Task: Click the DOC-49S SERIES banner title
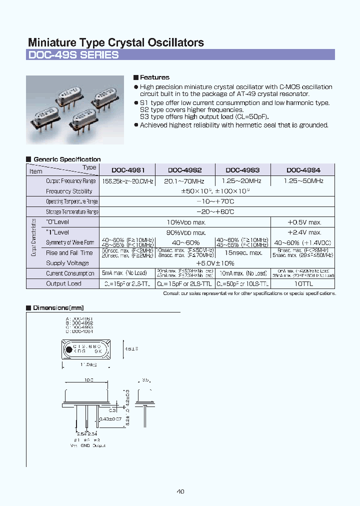point(73,55)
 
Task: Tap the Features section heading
point(154,77)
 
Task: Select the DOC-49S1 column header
point(127,170)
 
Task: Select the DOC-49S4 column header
point(303,170)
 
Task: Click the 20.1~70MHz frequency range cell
point(184,181)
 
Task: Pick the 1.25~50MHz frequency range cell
point(303,181)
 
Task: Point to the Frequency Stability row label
point(69,191)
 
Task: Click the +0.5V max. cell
point(304,222)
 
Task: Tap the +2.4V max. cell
point(304,232)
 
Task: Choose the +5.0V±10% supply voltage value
point(215,263)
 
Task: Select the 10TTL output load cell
point(304,283)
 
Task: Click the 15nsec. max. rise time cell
point(242,253)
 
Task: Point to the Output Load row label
point(63,283)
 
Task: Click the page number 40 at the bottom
point(180,491)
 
